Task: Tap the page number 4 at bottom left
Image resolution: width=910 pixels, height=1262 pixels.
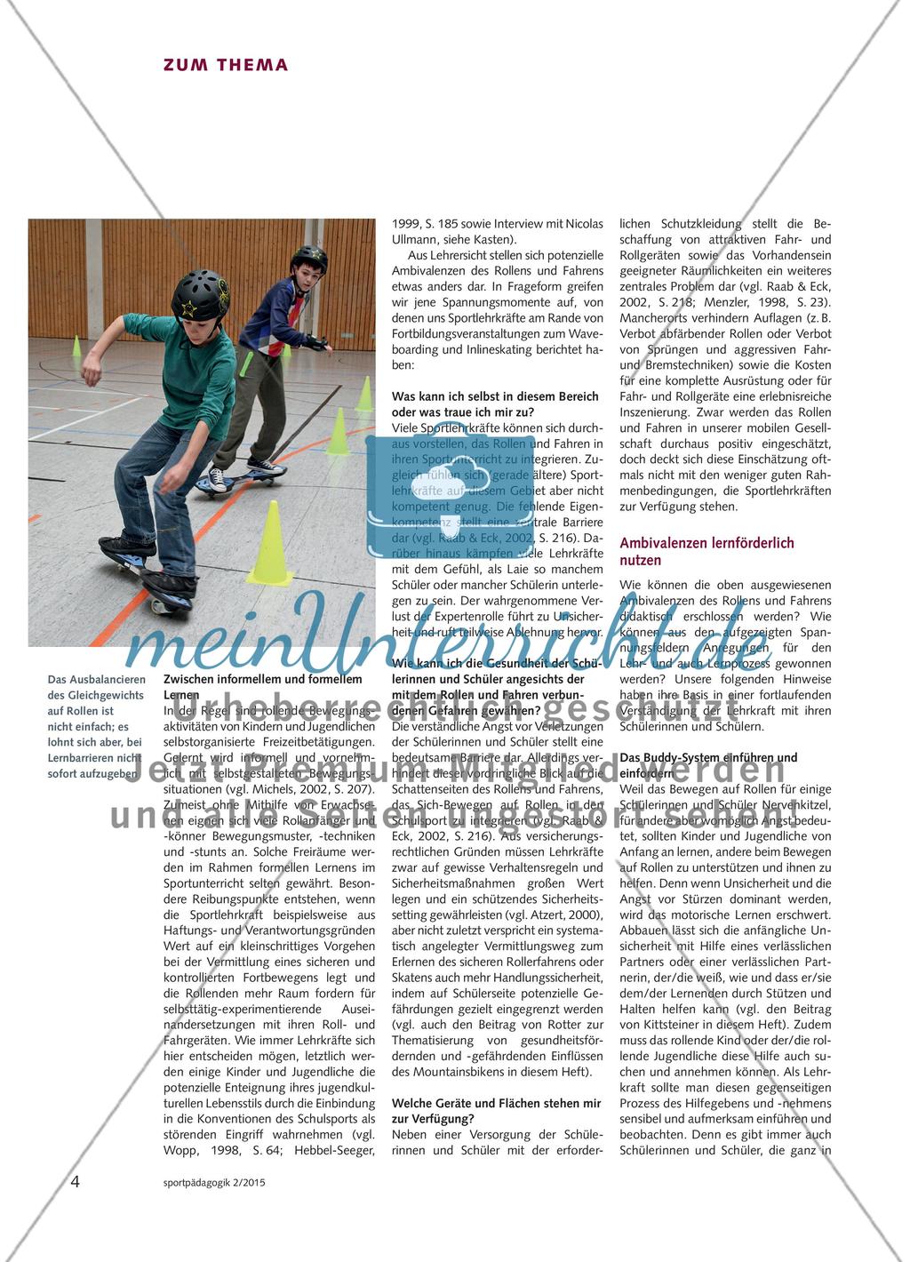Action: (x=76, y=1182)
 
